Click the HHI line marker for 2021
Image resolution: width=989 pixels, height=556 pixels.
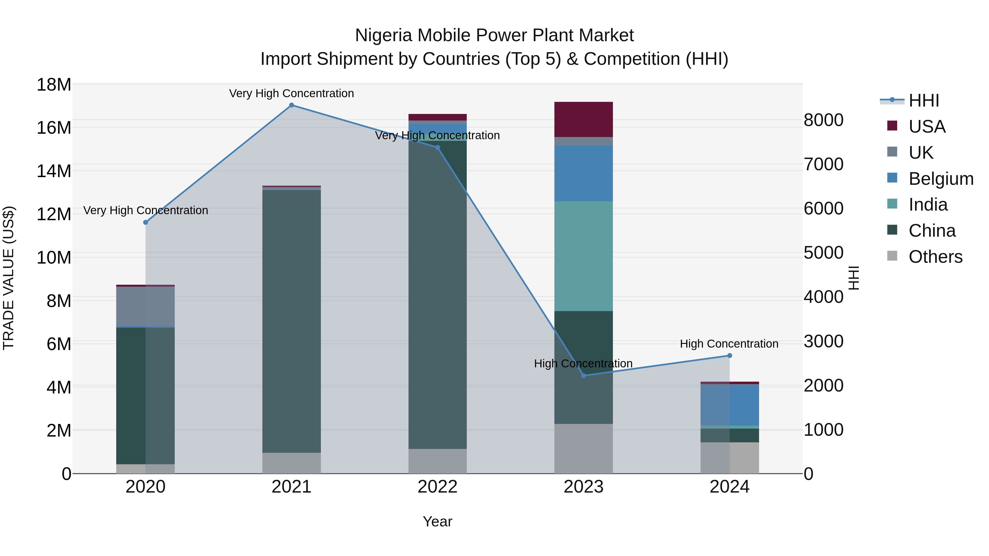(x=291, y=105)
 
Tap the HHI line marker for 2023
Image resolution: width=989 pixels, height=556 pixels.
(x=584, y=376)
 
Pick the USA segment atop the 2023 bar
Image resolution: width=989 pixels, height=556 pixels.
(x=584, y=119)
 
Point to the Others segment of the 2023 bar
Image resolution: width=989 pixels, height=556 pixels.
(x=584, y=449)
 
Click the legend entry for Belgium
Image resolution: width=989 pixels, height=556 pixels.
(x=941, y=179)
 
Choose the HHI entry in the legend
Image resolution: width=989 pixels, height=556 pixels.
(x=923, y=100)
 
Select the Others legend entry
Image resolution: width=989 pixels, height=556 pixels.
(x=935, y=257)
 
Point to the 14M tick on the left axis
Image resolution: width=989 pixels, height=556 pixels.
(x=54, y=171)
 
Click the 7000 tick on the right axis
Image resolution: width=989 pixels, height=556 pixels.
(x=824, y=164)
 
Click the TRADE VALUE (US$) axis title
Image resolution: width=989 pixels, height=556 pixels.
(x=9, y=278)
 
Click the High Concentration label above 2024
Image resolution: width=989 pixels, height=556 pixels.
(x=729, y=344)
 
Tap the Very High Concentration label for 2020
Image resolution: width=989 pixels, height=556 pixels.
(x=146, y=210)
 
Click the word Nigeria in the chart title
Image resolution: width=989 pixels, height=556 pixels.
(x=384, y=35)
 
